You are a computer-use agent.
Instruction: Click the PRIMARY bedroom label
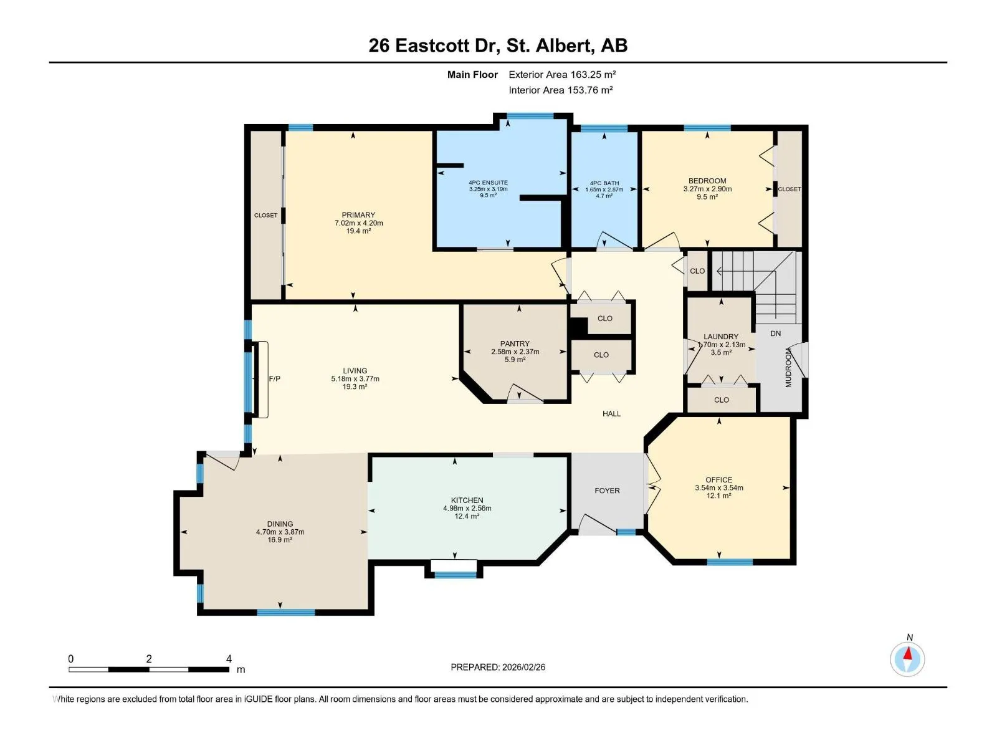coord(358,215)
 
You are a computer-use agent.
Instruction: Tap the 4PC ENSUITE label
coord(489,183)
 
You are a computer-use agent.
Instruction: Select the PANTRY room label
coord(515,344)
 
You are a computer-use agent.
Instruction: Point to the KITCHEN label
coord(467,500)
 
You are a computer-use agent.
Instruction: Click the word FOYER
coord(607,491)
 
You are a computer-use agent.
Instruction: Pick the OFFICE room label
coord(718,479)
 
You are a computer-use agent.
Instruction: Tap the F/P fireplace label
coord(274,379)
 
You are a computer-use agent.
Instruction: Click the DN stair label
coord(775,333)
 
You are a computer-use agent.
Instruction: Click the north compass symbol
coord(907,659)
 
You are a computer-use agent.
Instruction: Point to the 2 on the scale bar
coord(148,658)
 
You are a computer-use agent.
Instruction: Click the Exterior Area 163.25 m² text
coord(562,74)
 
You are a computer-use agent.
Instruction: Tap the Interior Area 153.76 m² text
coord(560,90)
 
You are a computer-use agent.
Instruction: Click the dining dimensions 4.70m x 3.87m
coord(280,532)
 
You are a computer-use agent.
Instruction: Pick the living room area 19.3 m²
coord(355,386)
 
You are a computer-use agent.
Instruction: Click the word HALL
coord(611,413)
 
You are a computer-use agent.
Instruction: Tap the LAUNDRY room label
coord(721,337)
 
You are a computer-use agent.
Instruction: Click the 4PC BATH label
coord(604,183)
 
